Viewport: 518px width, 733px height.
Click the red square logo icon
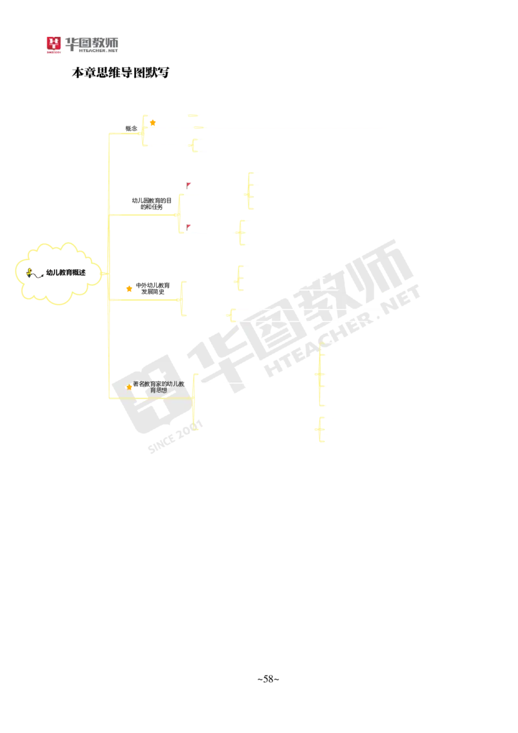click(53, 43)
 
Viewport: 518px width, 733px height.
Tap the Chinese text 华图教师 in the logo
click(91, 43)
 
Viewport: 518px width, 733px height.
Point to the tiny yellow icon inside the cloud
click(29, 272)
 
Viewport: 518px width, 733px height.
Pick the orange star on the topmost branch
click(153, 123)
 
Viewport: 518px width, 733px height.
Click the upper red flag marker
click(189, 185)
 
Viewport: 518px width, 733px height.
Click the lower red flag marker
click(189, 226)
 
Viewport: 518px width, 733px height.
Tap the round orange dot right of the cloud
click(129, 289)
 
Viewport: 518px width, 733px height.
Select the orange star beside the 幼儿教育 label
click(129, 387)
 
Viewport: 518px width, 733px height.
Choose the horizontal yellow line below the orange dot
click(146, 300)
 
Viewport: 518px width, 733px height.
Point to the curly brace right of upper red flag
click(249, 191)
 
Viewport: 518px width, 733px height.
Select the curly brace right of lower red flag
click(241, 232)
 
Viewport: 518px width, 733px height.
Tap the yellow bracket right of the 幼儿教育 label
click(194, 401)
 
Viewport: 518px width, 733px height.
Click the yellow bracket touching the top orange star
click(144, 131)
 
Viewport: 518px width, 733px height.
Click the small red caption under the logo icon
click(54, 54)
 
